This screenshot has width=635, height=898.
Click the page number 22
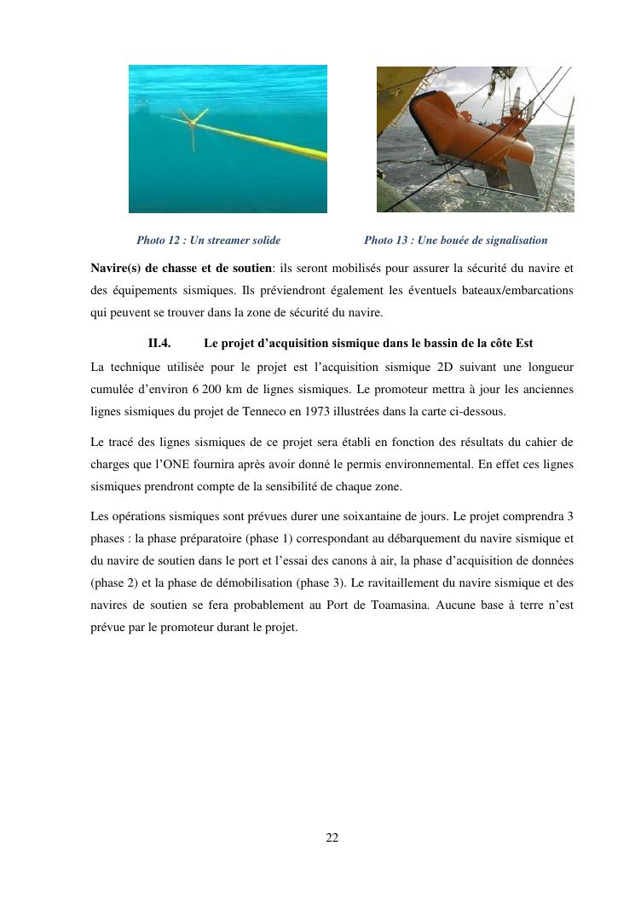tap(332, 838)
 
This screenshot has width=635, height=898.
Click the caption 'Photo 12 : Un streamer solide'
tap(208, 240)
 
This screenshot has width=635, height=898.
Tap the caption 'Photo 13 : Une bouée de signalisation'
tap(455, 240)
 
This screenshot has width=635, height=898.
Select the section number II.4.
tap(159, 344)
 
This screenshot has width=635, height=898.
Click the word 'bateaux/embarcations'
tap(518, 291)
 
